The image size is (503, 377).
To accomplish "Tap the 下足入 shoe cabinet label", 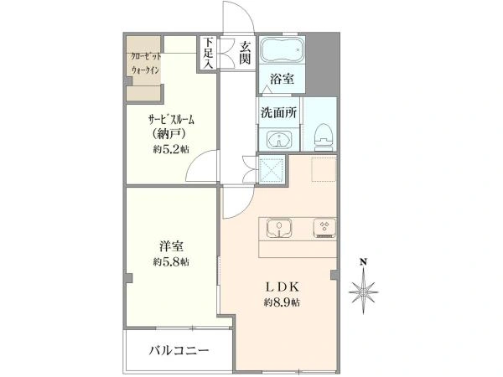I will coord(208,53).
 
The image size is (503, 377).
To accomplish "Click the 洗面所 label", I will coord(277,111).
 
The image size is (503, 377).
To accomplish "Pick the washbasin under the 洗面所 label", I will coord(277,140).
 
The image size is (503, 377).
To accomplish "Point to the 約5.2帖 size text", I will coord(171,149).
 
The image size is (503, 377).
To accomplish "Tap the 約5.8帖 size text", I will coord(171,262).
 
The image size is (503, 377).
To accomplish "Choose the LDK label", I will coord(282,284).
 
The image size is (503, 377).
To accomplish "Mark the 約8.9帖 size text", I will coord(282,302).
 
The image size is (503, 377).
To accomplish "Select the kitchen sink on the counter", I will coord(278,227).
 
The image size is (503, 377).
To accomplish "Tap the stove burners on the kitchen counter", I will coord(323,227).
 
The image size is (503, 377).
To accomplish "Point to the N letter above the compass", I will coord(363,262).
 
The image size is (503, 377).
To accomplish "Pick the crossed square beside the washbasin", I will coord(272,170).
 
